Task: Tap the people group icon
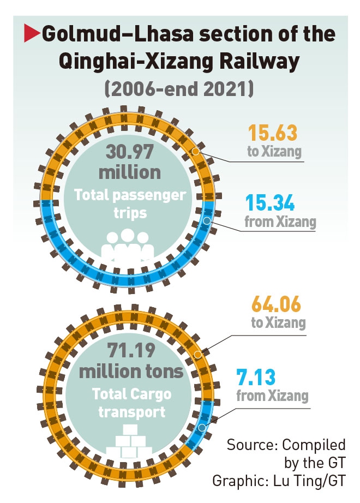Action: [x=128, y=244]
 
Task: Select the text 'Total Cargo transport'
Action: [x=131, y=402]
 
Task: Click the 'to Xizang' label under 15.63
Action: [x=274, y=151]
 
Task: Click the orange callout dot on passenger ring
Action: [x=196, y=150]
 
